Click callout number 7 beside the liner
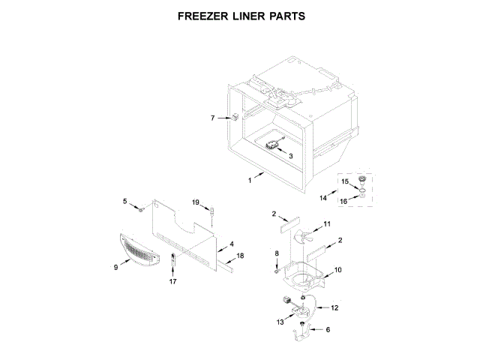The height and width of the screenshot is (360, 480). click(x=212, y=118)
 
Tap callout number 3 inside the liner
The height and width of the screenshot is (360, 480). click(x=291, y=155)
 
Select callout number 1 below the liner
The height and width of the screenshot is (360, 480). click(x=250, y=181)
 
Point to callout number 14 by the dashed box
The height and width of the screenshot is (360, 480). click(x=322, y=197)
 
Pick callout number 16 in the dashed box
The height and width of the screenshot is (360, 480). click(x=345, y=201)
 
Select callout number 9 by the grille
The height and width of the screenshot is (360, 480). click(x=115, y=266)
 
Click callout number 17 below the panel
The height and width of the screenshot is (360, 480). click(x=172, y=282)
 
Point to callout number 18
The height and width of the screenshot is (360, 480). click(x=241, y=256)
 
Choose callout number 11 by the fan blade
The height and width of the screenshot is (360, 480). click(x=326, y=224)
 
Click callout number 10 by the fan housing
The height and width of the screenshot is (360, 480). click(x=337, y=269)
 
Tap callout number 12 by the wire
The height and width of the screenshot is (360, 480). click(x=335, y=307)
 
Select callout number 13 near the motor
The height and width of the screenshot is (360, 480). click(x=280, y=321)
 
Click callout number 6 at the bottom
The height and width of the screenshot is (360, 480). click(x=328, y=328)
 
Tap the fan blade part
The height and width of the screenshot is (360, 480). click(x=301, y=238)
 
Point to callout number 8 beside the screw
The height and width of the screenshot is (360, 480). click(x=277, y=255)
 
